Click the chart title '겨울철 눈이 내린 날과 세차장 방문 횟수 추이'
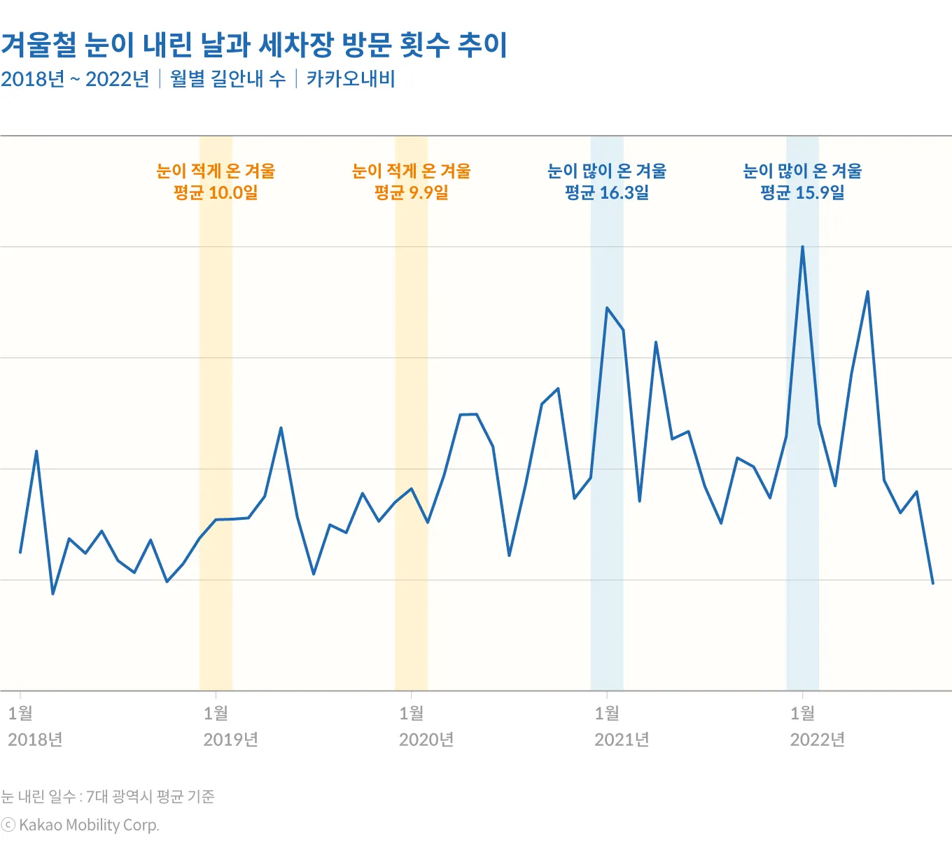click(253, 45)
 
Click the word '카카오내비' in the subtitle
click(351, 79)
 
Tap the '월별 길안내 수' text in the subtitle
click(227, 79)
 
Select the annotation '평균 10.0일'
click(216, 193)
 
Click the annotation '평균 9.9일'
click(412, 193)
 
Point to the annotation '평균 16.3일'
click(607, 193)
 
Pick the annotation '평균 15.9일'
click(802, 193)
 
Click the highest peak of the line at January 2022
click(802, 246)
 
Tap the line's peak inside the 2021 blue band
click(607, 308)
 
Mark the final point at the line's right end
click(932, 583)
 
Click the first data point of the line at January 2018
click(20, 552)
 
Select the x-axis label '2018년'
click(35, 740)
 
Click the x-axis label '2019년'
click(231, 740)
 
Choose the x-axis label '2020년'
click(426, 740)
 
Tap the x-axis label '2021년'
click(622, 740)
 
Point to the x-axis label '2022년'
click(818, 740)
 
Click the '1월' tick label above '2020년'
click(412, 713)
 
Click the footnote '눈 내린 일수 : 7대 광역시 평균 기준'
click(108, 796)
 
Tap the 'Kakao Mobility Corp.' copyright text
click(89, 825)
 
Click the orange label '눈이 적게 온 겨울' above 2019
click(216, 171)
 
